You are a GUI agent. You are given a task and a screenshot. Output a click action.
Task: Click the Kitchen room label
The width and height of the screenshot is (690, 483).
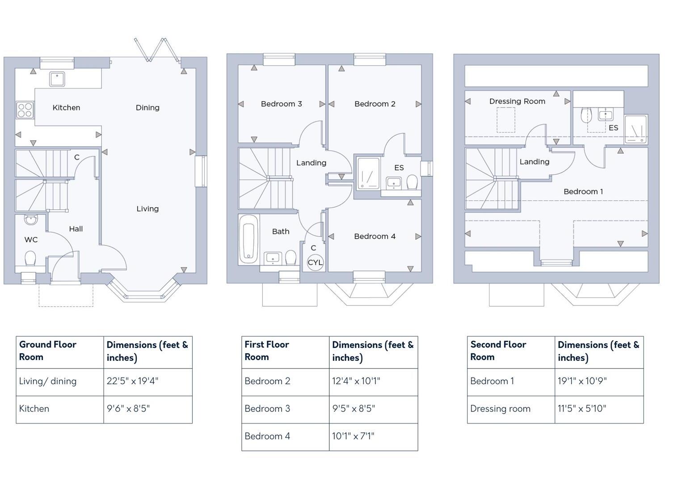click(x=66, y=108)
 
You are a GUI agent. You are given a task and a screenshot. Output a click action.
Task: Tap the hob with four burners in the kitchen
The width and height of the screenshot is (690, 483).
click(x=25, y=110)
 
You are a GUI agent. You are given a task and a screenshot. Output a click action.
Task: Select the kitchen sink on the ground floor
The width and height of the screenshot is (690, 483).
click(x=57, y=79)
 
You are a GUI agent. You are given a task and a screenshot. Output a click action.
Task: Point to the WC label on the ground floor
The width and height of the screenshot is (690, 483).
click(x=31, y=240)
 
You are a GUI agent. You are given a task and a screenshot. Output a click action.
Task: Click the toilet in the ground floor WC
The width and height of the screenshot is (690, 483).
click(x=30, y=258)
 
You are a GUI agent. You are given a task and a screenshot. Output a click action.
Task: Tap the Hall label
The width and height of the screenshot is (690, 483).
click(x=76, y=229)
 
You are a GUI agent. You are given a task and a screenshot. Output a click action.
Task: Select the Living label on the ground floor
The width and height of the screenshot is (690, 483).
click(x=147, y=209)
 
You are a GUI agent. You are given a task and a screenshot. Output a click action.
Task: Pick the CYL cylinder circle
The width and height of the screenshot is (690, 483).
click(x=315, y=263)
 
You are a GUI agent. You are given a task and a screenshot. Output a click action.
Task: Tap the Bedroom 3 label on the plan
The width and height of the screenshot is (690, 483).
click(x=281, y=104)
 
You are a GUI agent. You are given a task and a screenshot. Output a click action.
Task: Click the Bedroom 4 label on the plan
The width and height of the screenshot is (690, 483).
click(x=374, y=237)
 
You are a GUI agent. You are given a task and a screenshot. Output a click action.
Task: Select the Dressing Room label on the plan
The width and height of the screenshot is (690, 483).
click(x=517, y=102)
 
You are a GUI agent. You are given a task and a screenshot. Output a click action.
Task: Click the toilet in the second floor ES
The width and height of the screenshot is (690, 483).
click(x=586, y=116)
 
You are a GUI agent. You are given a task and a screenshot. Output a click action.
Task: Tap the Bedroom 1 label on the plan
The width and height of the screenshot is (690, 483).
click(x=583, y=192)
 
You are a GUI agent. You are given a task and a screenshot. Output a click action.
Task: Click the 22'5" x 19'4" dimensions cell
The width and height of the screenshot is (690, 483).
click(x=147, y=381)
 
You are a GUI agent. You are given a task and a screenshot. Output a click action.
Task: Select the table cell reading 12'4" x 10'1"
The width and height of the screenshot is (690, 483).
click(x=373, y=381)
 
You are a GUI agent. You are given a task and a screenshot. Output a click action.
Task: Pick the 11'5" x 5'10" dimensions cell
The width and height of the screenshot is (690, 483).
click(x=599, y=409)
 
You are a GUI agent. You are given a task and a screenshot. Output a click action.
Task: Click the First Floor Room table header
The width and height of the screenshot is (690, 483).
click(x=285, y=352)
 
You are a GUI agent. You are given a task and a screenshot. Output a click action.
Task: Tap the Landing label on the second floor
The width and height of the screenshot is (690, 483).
click(x=534, y=162)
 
